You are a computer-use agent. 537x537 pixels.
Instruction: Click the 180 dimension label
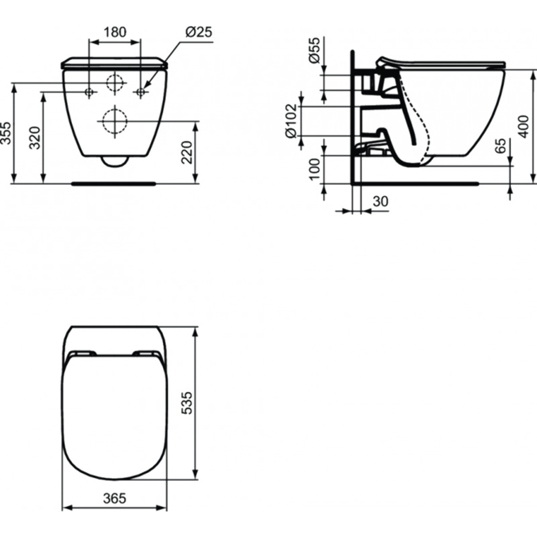pos(115,32)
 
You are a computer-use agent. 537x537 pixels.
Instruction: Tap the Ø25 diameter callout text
pos(199,32)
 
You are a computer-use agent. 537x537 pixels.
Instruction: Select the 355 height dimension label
pos(6,133)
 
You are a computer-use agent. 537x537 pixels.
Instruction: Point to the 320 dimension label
pos(35,138)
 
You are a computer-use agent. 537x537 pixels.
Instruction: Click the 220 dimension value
pos(186,152)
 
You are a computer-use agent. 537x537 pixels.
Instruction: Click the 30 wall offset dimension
pos(380,201)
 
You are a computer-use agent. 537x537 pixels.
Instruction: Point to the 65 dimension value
pos(501,146)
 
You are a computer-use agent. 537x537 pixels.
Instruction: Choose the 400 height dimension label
pos(524,126)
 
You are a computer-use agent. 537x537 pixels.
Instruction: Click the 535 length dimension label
pos(186,402)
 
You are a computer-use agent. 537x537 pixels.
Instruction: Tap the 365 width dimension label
pos(115,498)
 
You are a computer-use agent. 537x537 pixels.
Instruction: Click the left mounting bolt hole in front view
pos(90,92)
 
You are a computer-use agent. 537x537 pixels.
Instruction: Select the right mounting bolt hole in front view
pos(141,92)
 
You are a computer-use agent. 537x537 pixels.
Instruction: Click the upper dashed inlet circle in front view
pos(115,83)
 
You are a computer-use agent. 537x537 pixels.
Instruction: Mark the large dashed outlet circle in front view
pos(115,121)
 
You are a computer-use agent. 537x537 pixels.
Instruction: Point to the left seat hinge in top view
pos(83,353)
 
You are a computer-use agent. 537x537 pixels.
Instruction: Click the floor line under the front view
pos(113,184)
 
